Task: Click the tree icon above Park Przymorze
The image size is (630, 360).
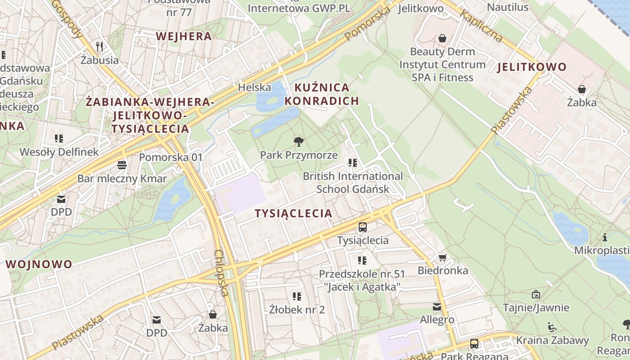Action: pyautogui.click(x=298, y=142)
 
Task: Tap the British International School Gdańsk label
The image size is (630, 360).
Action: pyautogui.click(x=353, y=182)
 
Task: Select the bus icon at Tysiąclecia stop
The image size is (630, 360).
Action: pyautogui.click(x=363, y=227)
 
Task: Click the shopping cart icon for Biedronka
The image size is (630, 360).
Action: pyautogui.click(x=442, y=257)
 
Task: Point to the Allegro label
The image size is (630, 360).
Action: pyautogui.click(x=437, y=320)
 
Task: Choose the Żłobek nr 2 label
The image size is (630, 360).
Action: pyautogui.click(x=297, y=310)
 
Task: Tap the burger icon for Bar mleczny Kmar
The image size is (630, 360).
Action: pyautogui.click(x=121, y=165)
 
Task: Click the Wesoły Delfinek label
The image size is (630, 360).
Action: pyautogui.click(x=59, y=152)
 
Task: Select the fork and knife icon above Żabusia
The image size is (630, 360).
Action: pyautogui.click(x=99, y=46)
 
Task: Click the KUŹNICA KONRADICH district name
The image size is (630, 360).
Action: pyautogui.click(x=322, y=94)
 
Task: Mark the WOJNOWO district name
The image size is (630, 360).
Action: pyautogui.click(x=39, y=264)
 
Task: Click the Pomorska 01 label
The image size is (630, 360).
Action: pyautogui.click(x=171, y=157)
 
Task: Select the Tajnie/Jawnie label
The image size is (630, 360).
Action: pyautogui.click(x=536, y=308)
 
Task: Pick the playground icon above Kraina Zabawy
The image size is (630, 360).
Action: pyautogui.click(x=552, y=327)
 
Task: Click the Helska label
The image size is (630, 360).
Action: pyautogui.click(x=255, y=87)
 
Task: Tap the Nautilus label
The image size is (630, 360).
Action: pyautogui.click(x=508, y=7)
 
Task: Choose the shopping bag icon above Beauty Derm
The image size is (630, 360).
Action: pyautogui.click(x=442, y=38)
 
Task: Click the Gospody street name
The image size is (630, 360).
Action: pyautogui.click(x=67, y=18)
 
